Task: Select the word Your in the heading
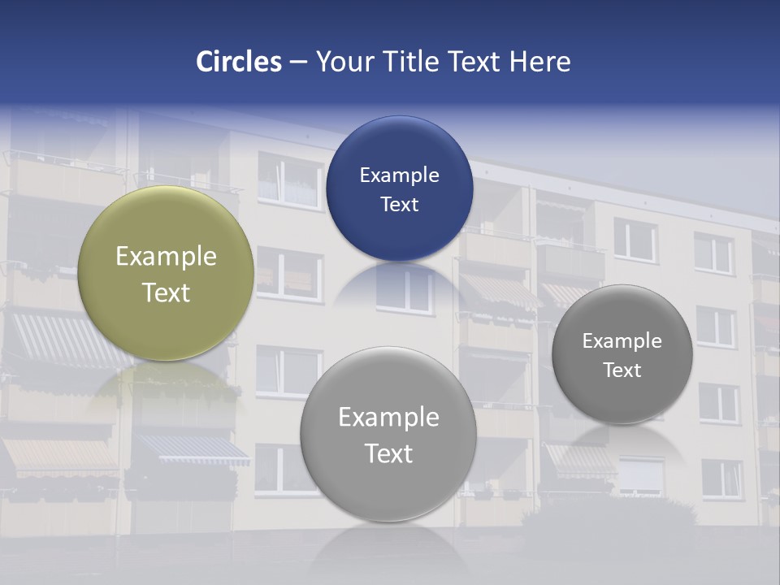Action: click(341, 62)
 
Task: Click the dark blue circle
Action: click(399, 146)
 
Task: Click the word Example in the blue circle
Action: click(399, 175)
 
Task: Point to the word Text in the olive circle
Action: click(166, 292)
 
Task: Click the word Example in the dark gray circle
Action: click(622, 341)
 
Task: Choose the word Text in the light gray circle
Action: click(388, 453)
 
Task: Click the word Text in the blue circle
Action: click(399, 205)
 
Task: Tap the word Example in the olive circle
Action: click(166, 257)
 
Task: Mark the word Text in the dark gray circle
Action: click(622, 370)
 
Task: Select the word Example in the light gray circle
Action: click(388, 418)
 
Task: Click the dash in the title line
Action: click(298, 62)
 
